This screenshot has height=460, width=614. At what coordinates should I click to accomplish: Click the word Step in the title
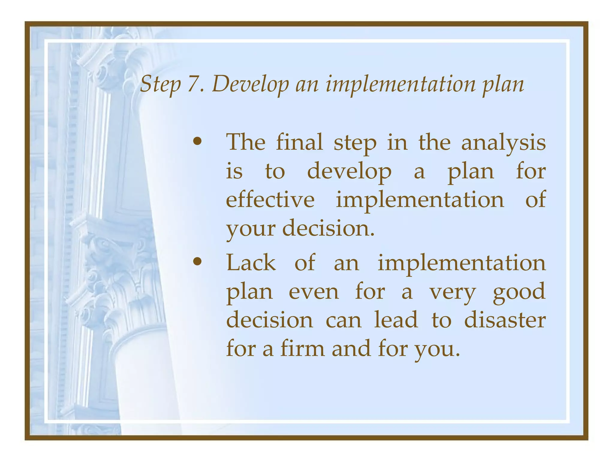pyautogui.click(x=160, y=84)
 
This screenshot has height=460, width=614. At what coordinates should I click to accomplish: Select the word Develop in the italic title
pyautogui.click(x=250, y=84)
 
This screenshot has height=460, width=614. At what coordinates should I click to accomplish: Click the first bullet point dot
pyautogui.click(x=197, y=142)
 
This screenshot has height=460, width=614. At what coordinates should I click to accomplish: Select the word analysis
pyautogui.click(x=503, y=143)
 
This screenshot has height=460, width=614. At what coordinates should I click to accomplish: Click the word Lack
pyautogui.click(x=251, y=263)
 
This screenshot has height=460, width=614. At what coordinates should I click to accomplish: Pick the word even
pyautogui.click(x=314, y=292)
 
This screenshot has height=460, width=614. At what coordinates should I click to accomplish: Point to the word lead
pyautogui.click(x=396, y=320)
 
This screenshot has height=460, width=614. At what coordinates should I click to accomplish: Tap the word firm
pyautogui.click(x=303, y=349)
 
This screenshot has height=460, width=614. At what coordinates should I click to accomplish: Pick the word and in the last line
pyautogui.click(x=351, y=349)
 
